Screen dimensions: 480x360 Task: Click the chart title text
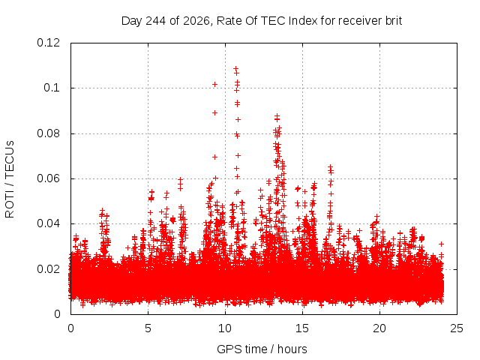click(262, 21)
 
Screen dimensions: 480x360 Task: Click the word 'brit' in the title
click(394, 21)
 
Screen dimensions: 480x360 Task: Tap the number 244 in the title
click(155, 21)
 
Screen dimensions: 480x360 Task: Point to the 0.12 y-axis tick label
click(48, 43)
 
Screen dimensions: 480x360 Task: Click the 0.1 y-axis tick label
click(52, 88)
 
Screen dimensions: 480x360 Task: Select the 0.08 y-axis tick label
click(48, 133)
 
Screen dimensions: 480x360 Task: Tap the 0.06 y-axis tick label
click(48, 178)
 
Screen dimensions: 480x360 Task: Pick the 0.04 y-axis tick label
click(48, 223)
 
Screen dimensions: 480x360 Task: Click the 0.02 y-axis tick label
click(48, 269)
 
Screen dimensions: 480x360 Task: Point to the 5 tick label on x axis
click(148, 328)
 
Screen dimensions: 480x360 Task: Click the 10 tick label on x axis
click(225, 328)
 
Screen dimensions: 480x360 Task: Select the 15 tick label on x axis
click(302, 328)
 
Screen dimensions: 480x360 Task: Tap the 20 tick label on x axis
click(379, 328)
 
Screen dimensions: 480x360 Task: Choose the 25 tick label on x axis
click(457, 328)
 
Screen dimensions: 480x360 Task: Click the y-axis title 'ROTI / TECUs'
click(10, 179)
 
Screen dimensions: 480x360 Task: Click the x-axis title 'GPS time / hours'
click(262, 349)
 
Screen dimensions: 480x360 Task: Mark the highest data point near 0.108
click(235, 68)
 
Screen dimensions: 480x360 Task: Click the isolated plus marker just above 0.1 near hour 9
click(215, 84)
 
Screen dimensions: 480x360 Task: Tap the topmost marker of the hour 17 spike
click(330, 167)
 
